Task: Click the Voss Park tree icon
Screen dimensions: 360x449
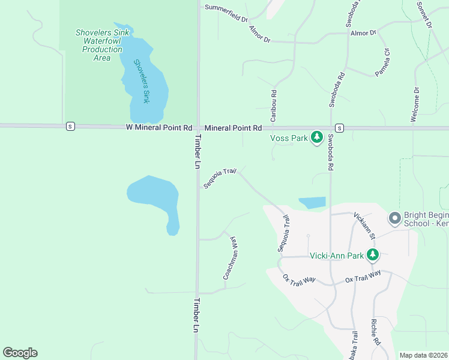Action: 317,138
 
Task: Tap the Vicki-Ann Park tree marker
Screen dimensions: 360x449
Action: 373,255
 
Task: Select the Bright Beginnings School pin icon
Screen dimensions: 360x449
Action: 394,218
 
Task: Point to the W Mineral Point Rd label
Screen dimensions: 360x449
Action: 159,128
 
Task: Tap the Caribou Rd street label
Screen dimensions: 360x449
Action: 273,106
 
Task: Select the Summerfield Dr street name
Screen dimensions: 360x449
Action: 226,13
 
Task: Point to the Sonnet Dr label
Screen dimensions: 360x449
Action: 424,14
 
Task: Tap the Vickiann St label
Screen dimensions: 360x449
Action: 364,224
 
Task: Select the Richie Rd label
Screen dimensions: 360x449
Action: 376,332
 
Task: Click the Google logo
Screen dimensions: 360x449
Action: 20,353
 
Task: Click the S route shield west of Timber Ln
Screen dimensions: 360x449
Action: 71,126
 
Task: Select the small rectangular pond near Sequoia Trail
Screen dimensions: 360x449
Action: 312,203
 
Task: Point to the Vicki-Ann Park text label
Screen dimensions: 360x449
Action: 336,256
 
